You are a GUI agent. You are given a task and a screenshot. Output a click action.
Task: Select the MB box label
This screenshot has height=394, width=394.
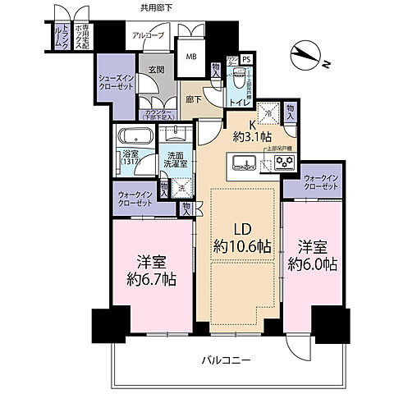click(x=190, y=57)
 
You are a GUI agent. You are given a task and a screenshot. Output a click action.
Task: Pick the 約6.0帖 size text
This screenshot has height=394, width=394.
click(x=312, y=264)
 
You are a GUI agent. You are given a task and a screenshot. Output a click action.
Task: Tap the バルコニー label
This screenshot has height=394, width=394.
click(x=227, y=360)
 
